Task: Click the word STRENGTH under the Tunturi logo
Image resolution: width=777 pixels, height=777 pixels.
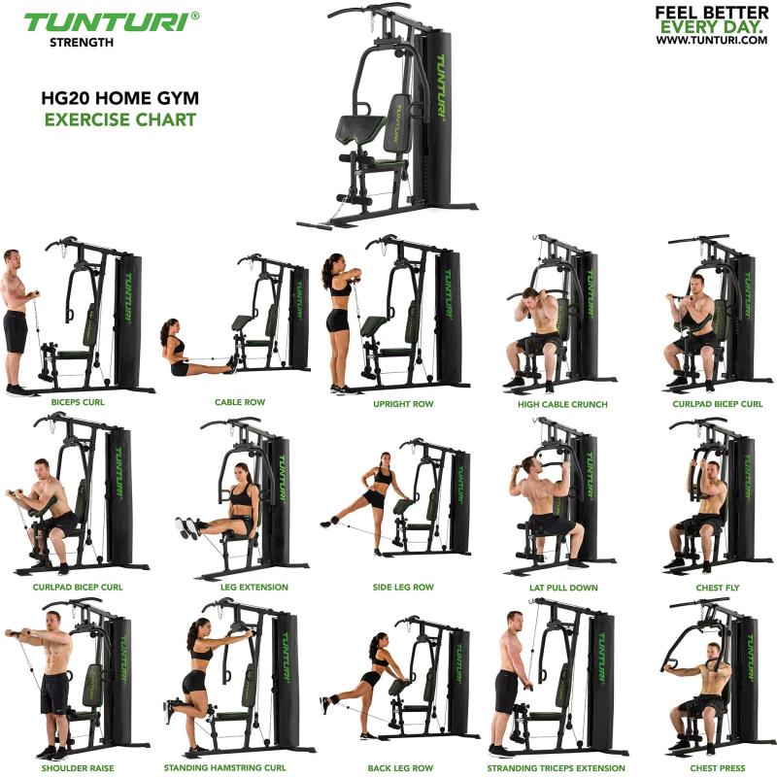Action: pos(82,42)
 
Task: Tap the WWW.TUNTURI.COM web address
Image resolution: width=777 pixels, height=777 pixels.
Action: pos(705,40)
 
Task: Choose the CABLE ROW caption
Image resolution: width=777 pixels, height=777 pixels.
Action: pos(240,401)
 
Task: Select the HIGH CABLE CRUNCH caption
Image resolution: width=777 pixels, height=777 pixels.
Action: pos(562,403)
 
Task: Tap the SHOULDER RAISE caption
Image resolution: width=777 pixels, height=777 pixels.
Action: pos(78,767)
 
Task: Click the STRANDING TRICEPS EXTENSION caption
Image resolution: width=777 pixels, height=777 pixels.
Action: pos(557,767)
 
